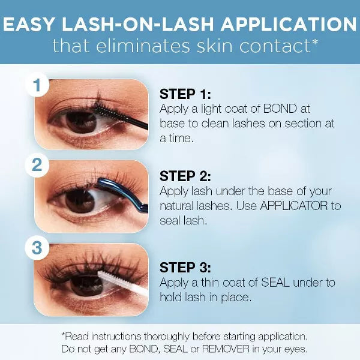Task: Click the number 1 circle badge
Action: [x=37, y=85]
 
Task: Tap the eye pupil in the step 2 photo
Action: [x=79, y=201]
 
